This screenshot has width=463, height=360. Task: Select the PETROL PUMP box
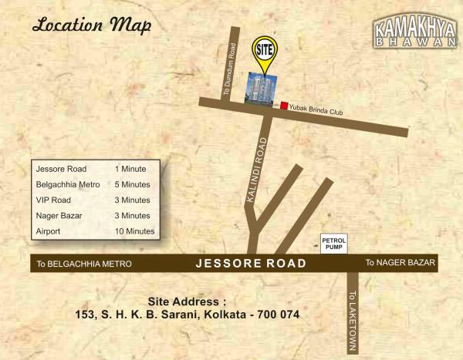click(334, 244)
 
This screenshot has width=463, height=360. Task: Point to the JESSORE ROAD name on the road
click(251, 264)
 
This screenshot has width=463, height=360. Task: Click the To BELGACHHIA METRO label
click(84, 264)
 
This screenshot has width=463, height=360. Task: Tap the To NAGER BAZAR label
click(400, 263)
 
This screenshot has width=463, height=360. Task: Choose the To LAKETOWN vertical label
click(351, 319)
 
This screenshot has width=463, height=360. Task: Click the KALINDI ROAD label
click(257, 170)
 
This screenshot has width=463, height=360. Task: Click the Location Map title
click(91, 25)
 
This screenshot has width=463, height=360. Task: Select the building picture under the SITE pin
click(261, 89)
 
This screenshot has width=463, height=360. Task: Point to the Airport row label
click(49, 231)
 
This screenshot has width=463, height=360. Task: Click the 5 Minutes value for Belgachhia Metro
click(133, 184)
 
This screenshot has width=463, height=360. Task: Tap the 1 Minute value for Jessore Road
click(130, 168)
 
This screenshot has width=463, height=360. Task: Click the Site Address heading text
click(187, 301)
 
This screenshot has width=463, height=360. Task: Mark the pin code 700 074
click(273, 315)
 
